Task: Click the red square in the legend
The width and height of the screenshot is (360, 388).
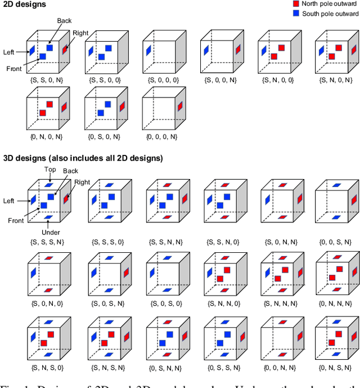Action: point(296,3)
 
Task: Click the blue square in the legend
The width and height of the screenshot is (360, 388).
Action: point(296,14)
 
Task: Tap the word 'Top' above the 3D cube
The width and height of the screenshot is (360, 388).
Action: point(49,169)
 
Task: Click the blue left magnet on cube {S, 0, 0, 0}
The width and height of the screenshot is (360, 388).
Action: point(148,51)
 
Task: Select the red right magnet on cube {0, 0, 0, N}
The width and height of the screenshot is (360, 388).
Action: point(180,107)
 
